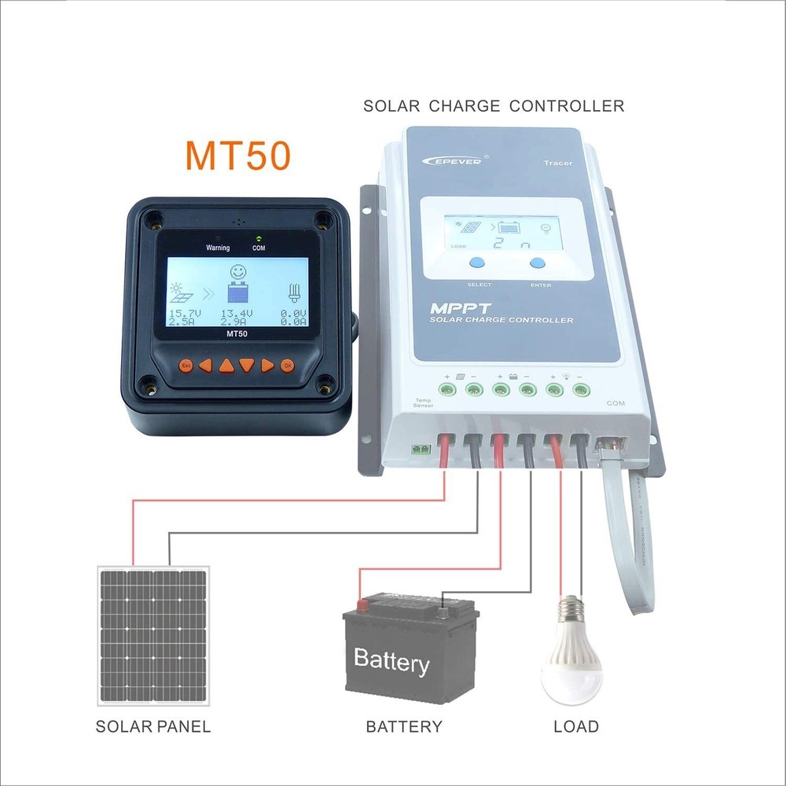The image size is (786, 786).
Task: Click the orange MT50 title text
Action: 238,155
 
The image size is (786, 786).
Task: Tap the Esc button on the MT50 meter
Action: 186,365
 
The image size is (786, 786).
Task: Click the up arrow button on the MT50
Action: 226,365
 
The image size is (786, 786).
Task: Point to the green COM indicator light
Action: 259,237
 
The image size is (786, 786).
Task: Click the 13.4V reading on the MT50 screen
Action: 237,313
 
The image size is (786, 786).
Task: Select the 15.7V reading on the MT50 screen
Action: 185,313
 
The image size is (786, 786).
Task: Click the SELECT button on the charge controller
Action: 479,265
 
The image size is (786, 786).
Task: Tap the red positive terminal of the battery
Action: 363,604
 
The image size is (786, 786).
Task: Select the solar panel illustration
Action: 153,634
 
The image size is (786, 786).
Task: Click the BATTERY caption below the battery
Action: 404,726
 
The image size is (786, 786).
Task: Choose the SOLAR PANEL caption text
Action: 153,726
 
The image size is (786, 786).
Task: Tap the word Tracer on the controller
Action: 558,163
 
